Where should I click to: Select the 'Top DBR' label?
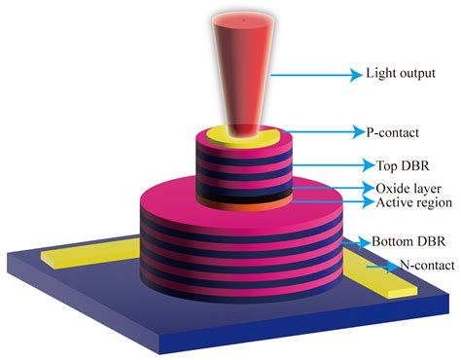pos(390,164)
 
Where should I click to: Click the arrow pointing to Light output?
pos(311,73)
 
